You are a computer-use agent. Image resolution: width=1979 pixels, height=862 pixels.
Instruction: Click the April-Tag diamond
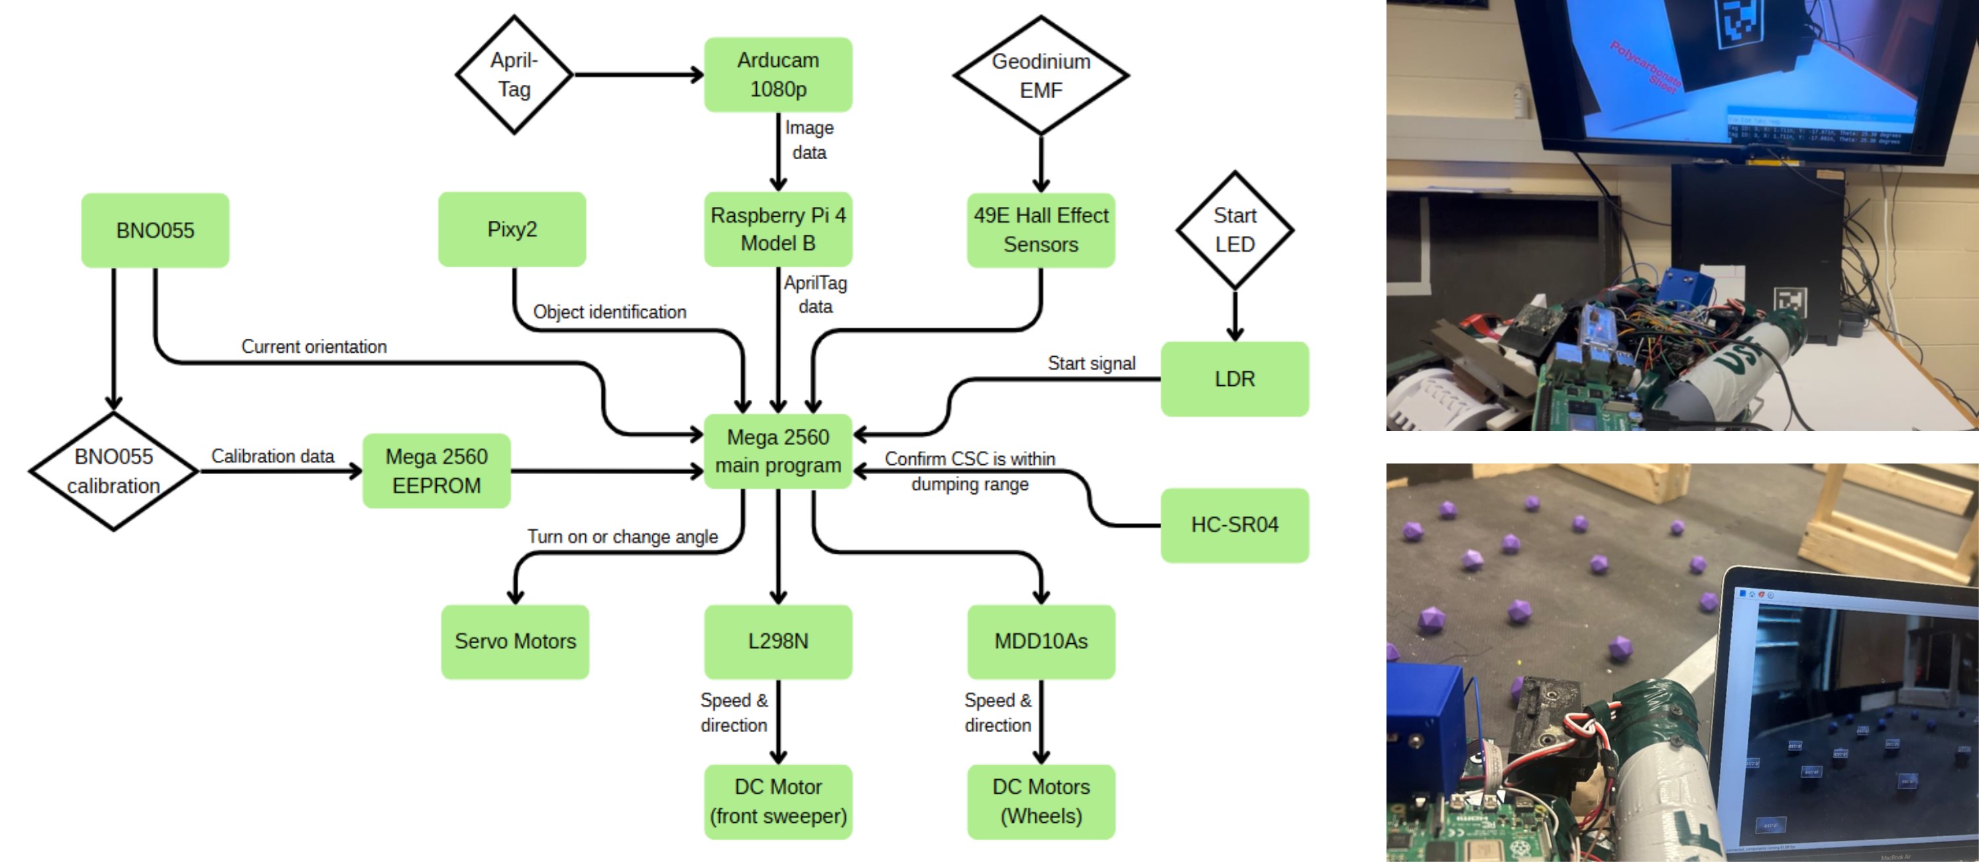(514, 74)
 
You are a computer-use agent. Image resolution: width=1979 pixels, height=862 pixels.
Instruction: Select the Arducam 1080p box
(777, 74)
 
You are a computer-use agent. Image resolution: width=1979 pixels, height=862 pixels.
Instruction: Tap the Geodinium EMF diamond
(1041, 76)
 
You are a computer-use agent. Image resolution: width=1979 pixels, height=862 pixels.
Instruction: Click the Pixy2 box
(512, 229)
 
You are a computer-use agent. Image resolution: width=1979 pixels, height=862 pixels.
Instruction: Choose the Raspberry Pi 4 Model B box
(777, 229)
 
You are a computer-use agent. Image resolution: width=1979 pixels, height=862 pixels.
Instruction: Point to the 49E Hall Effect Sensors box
(1041, 229)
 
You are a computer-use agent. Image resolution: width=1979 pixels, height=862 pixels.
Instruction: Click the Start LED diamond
(1234, 229)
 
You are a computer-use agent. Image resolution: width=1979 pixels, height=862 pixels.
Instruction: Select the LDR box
(1234, 379)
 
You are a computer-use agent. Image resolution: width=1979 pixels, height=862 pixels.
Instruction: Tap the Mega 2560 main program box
(777, 451)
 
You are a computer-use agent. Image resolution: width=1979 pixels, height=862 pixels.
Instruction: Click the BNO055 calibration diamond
(114, 471)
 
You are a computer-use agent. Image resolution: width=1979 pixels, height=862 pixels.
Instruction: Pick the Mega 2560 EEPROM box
(436, 471)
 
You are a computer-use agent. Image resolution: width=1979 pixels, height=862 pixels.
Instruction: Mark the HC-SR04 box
(1234, 524)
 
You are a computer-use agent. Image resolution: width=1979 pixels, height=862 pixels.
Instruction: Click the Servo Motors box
(515, 641)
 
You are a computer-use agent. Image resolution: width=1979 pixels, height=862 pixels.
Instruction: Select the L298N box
(777, 641)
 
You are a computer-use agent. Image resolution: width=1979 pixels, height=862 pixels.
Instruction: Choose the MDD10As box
(1041, 641)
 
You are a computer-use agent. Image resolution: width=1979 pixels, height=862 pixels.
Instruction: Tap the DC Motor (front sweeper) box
(777, 801)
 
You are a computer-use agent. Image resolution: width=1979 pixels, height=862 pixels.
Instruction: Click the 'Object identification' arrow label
(609, 312)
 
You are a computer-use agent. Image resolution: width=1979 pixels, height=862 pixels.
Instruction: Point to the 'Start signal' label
(1091, 363)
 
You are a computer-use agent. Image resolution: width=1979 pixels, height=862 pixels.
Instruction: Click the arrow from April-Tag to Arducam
(638, 74)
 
